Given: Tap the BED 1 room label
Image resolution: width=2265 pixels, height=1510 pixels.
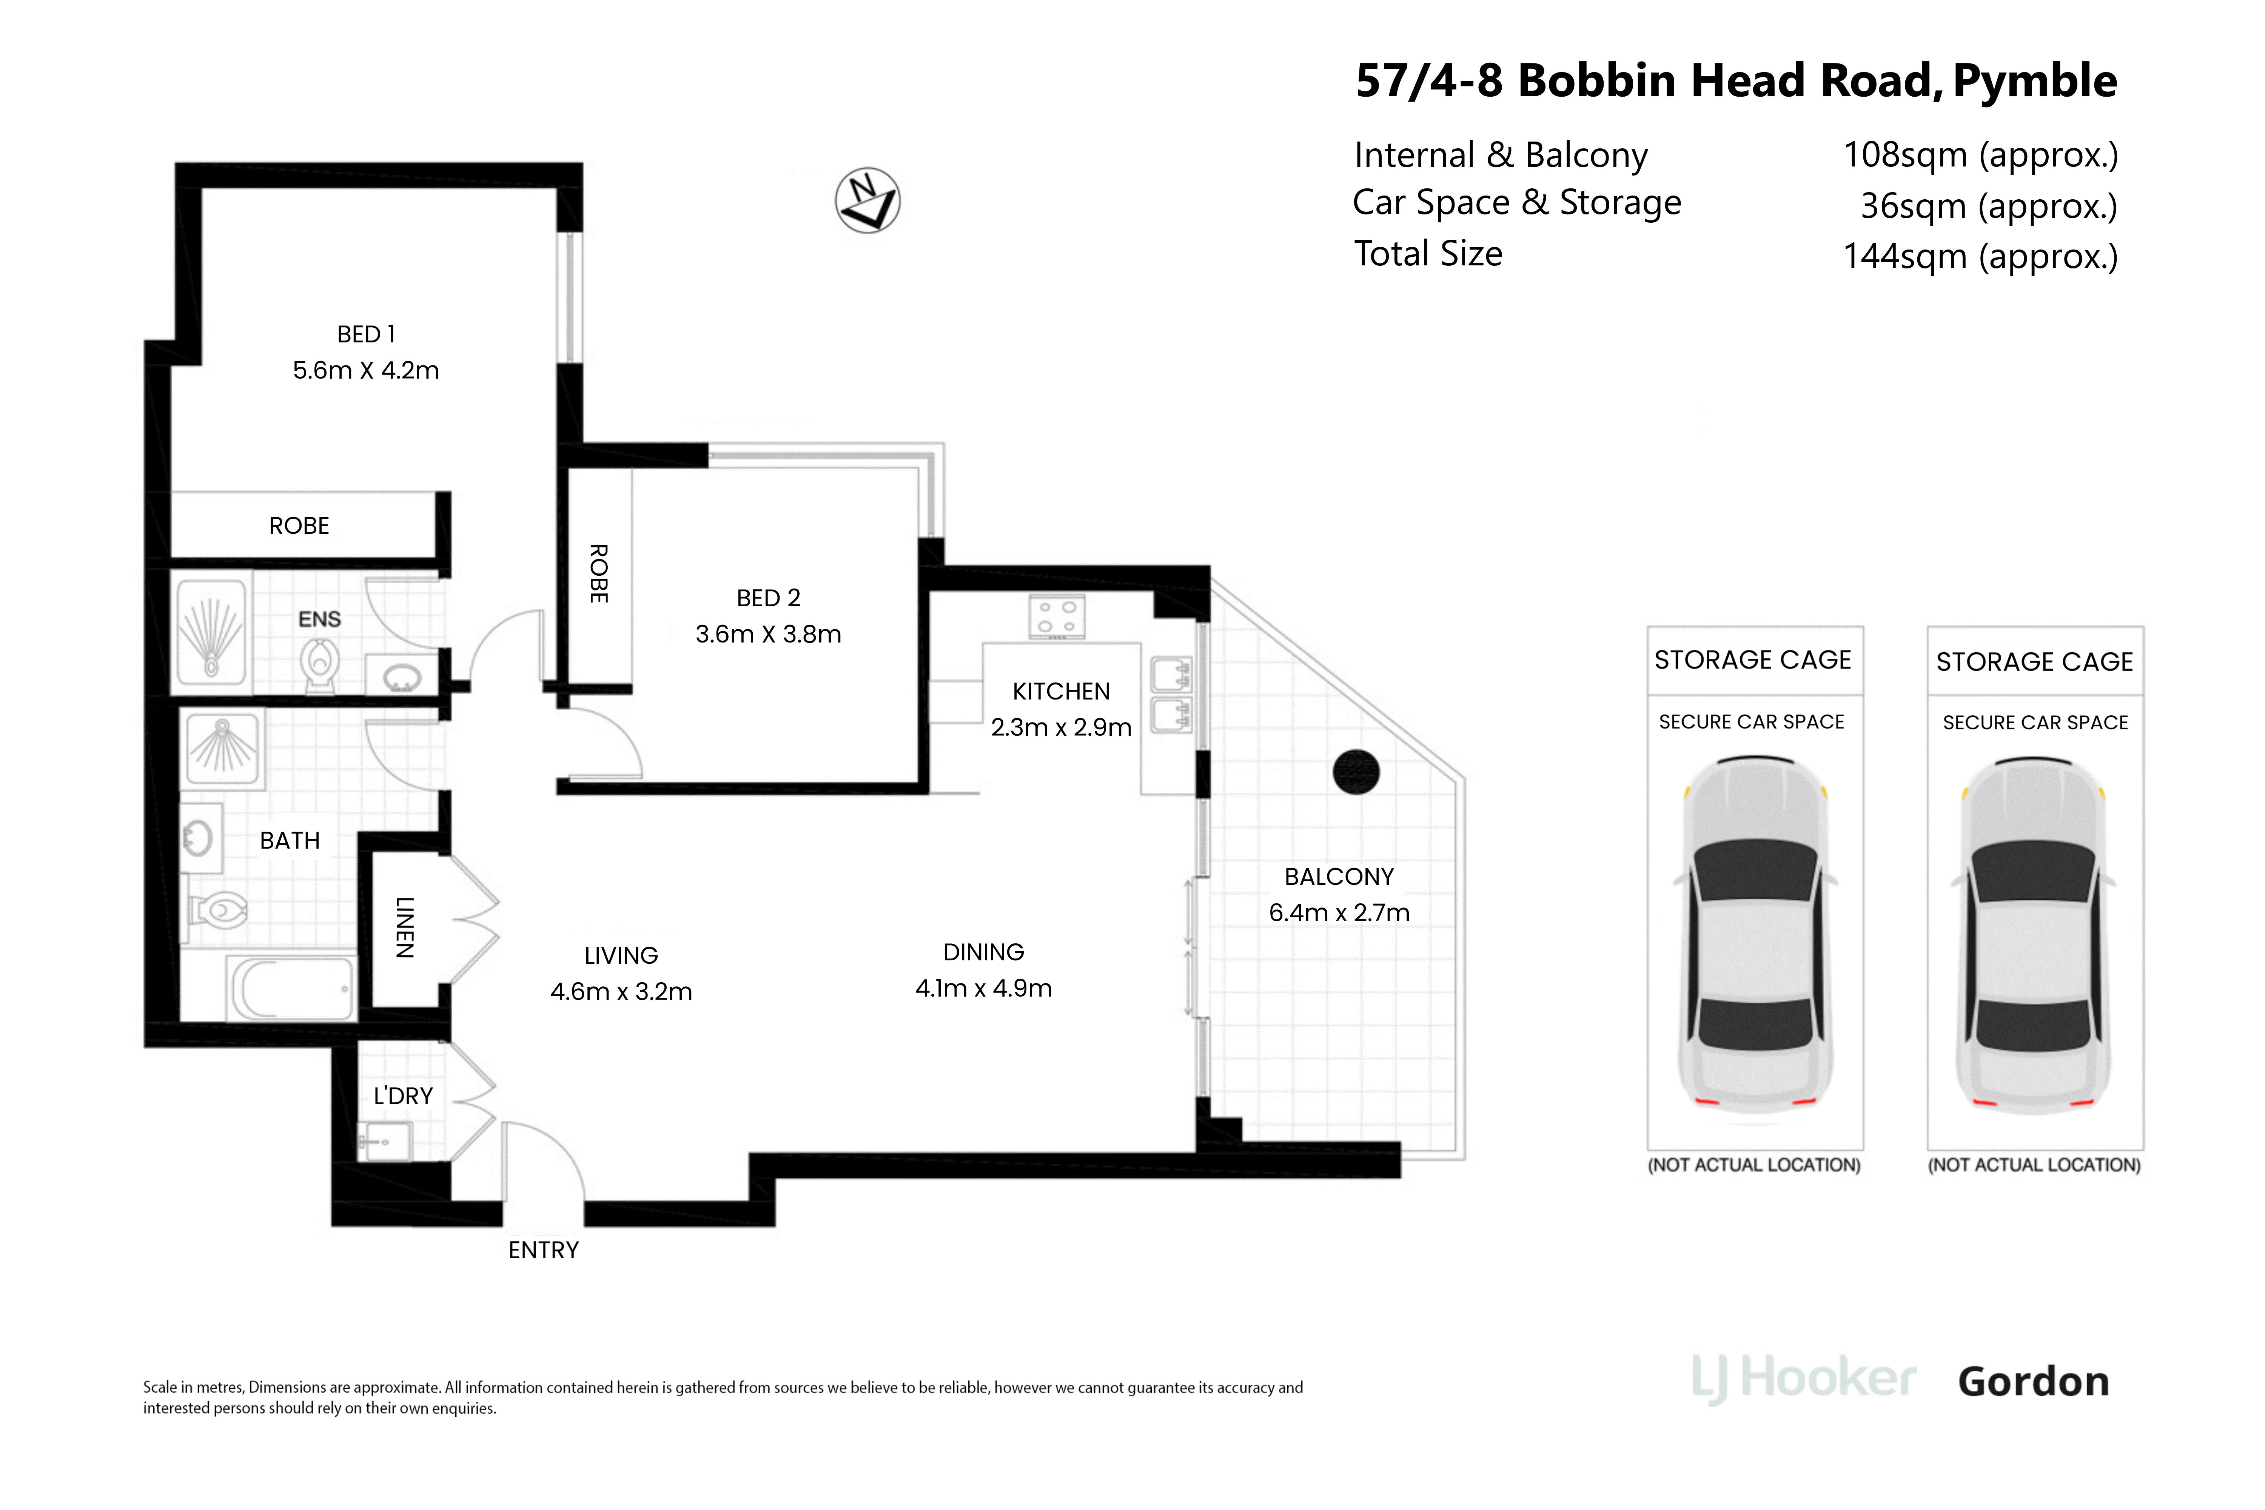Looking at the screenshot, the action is click(x=366, y=334).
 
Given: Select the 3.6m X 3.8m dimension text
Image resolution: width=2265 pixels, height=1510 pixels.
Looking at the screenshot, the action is click(x=769, y=634).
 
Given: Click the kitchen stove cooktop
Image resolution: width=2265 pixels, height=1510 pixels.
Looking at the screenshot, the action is click(x=1056, y=616).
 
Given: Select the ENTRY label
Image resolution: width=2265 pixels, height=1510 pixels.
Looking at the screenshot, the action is click(x=543, y=1250).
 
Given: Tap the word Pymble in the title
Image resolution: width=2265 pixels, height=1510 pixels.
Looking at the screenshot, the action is click(x=2035, y=81).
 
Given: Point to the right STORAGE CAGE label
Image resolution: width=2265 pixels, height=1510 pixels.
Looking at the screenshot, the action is click(x=2035, y=662).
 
